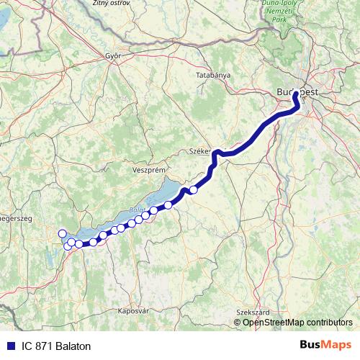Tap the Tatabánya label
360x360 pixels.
click(212, 75)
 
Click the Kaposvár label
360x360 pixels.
click(132, 311)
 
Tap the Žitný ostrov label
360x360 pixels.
click(110, 4)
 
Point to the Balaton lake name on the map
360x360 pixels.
click(138, 210)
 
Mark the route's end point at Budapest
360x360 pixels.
click(295, 94)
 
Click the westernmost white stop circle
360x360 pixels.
click(62, 233)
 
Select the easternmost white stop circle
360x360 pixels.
click(193, 190)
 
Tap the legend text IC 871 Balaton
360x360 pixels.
click(57, 346)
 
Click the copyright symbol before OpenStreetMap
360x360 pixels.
click(238, 323)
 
